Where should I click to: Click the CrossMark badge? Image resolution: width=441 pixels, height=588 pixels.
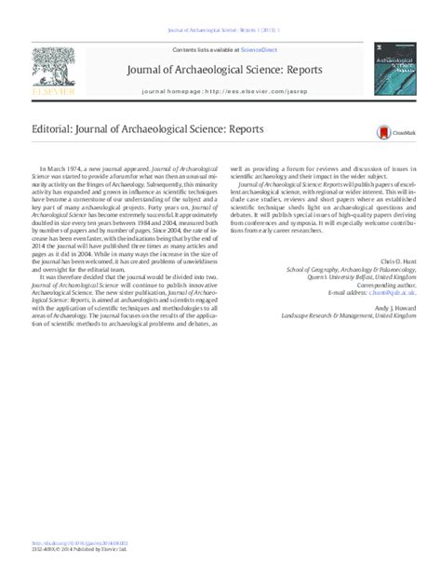coord(385,133)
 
